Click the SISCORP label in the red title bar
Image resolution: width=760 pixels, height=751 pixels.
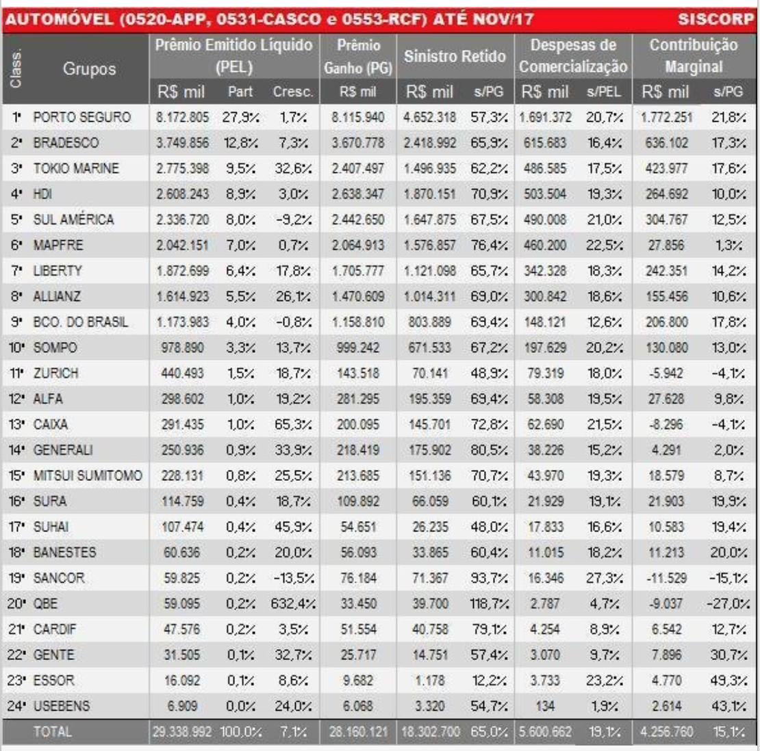tap(715, 19)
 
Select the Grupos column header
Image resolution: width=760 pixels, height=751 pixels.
tap(89, 68)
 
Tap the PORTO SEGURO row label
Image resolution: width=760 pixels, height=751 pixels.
tap(81, 117)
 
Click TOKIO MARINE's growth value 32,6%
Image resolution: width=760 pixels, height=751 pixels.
tap(292, 168)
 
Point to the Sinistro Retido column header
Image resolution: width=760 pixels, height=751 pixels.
tap(455, 56)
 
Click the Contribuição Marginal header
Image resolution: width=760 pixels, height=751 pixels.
tap(694, 56)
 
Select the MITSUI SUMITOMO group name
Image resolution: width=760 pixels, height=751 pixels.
tap(88, 475)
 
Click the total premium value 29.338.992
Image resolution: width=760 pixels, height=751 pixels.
tap(183, 732)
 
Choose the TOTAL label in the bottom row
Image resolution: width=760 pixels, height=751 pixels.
tap(52, 732)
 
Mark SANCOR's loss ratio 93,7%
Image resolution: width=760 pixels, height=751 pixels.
tap(488, 578)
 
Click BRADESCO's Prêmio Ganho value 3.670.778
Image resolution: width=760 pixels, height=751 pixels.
tap(358, 143)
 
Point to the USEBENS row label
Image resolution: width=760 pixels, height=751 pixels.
tap(62, 706)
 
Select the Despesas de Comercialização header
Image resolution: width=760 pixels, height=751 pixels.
tap(573, 56)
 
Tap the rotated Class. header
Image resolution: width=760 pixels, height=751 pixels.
tap(16, 68)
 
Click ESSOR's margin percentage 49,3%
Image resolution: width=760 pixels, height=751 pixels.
tap(729, 681)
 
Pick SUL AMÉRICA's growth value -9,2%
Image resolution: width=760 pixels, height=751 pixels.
tap(292, 220)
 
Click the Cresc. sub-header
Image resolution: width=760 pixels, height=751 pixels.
tap(292, 92)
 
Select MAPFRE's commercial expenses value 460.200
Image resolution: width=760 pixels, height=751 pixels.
tap(546, 245)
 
